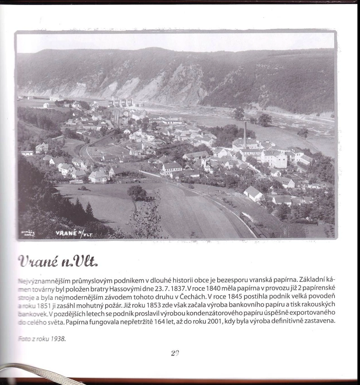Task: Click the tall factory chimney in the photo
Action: click(x=245, y=135)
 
